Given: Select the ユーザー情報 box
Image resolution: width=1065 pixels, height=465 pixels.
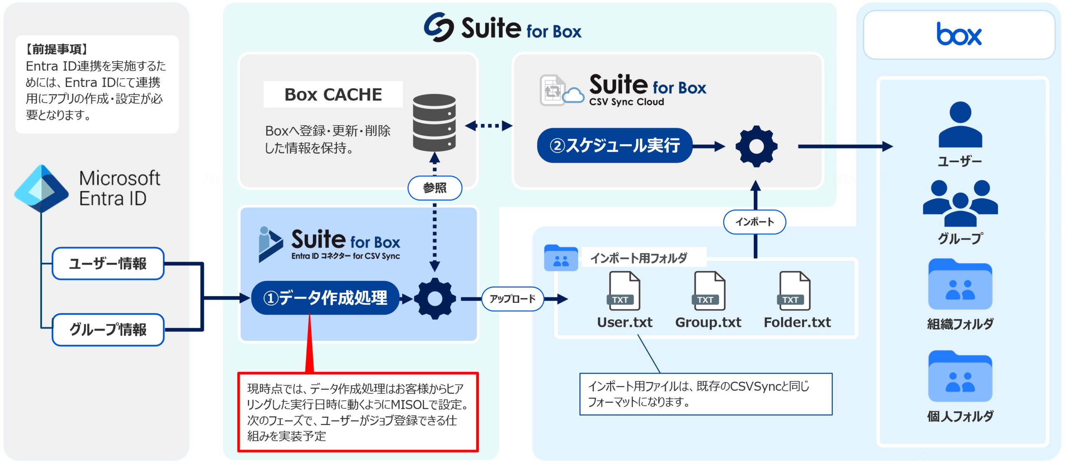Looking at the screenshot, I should click(108, 264).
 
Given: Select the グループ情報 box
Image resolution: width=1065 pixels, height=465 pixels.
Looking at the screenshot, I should click(108, 329).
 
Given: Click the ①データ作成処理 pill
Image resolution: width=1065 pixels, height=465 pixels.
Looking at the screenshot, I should click(325, 298).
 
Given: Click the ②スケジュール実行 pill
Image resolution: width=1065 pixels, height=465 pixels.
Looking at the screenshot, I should click(614, 146).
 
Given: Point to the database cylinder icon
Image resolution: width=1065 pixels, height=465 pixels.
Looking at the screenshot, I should click(434, 122).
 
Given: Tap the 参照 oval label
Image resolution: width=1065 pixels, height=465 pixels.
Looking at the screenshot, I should click(434, 188).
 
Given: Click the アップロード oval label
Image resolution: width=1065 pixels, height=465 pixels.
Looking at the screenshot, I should click(512, 299).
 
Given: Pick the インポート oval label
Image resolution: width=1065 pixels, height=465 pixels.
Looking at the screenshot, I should click(754, 222).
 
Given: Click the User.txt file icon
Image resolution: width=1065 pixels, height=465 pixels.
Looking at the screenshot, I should click(624, 291).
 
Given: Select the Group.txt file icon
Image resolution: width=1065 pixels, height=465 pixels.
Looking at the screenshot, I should click(709, 291).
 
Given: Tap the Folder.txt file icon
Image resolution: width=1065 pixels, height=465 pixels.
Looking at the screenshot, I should click(794, 291).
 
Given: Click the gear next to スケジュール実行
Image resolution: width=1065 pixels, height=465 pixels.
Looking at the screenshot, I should click(756, 146).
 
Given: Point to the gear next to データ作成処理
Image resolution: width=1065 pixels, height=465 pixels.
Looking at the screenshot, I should click(435, 299).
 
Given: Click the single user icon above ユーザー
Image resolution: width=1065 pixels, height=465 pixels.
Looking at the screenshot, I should click(960, 125).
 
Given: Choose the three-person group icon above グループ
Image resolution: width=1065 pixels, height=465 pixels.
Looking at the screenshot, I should click(960, 203).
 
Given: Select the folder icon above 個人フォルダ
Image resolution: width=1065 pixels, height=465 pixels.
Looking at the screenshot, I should click(960, 376).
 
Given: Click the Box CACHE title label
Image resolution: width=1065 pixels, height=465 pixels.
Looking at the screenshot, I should click(333, 94).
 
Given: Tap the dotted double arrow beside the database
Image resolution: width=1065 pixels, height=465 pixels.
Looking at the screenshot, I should click(488, 126).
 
